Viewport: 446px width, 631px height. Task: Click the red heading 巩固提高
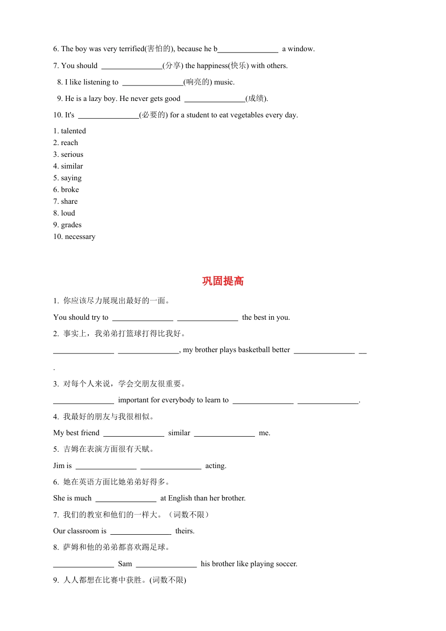223,281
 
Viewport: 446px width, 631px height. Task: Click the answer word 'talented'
73,131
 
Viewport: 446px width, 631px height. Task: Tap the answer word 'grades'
71,225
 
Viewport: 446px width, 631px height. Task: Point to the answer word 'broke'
70,190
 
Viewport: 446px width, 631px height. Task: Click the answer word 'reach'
69,143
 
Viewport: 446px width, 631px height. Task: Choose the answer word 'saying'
71,178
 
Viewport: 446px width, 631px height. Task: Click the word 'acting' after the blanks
215,466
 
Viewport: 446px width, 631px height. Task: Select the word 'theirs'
185,531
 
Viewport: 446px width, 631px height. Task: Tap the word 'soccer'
286,564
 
